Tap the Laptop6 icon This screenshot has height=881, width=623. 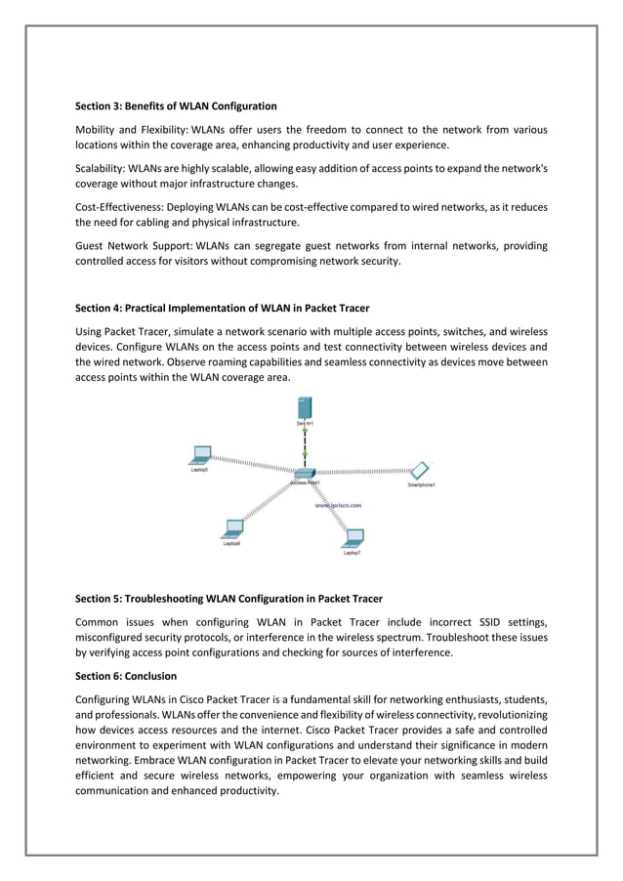[233, 528]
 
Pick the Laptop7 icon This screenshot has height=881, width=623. [353, 536]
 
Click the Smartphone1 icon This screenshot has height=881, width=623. [420, 470]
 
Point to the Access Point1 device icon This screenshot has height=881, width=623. [305, 473]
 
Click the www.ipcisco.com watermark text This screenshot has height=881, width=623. [338, 506]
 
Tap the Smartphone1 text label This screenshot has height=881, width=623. [421, 484]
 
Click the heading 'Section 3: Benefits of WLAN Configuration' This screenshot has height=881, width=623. [176, 105]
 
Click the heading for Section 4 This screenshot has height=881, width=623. [223, 309]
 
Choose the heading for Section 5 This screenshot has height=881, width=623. [228, 598]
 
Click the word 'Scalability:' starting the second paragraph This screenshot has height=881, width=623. [101, 168]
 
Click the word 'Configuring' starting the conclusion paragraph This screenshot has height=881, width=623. [104, 699]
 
